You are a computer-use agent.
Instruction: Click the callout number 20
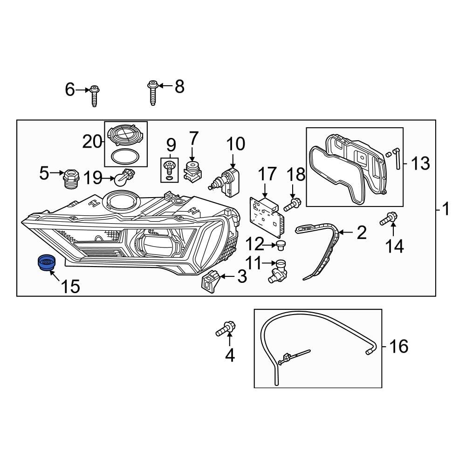pyautogui.click(x=92, y=141)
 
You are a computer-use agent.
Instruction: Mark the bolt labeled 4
pyautogui.click(x=226, y=329)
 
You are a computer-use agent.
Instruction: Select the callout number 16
pyautogui.click(x=398, y=346)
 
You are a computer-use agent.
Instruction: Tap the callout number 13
pyautogui.click(x=420, y=163)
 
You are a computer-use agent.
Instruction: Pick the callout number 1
pyautogui.click(x=446, y=209)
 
